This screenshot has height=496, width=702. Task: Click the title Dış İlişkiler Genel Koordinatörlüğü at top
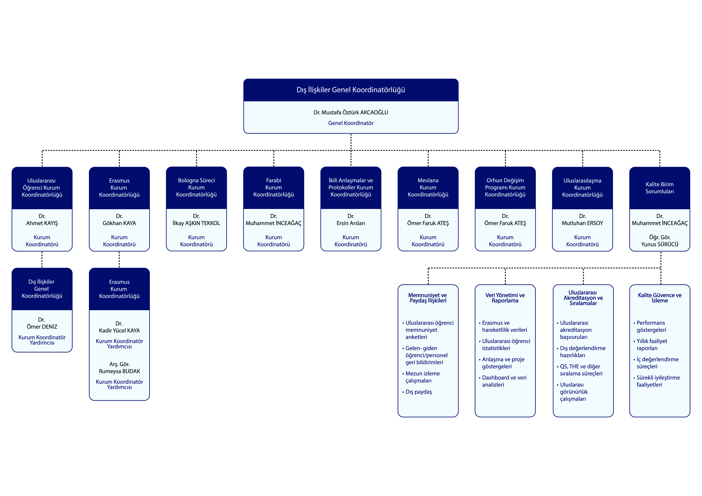(x=351, y=90)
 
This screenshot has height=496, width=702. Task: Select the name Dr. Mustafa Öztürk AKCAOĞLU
(x=351, y=112)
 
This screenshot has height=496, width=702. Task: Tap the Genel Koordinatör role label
(x=351, y=123)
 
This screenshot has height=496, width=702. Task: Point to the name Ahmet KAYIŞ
(x=42, y=223)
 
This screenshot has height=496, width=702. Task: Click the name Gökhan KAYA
(x=119, y=223)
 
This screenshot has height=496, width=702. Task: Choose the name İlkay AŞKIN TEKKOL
(x=196, y=223)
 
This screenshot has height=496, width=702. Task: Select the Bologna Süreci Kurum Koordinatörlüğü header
(x=196, y=187)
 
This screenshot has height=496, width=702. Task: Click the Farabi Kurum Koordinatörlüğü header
(x=274, y=187)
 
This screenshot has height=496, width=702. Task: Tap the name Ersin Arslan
(x=351, y=223)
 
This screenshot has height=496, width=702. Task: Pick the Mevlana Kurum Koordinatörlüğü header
(x=428, y=187)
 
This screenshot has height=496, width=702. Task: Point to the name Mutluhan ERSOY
(x=582, y=223)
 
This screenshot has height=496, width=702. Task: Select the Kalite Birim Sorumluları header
(x=660, y=188)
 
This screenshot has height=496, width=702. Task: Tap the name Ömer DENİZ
(x=42, y=327)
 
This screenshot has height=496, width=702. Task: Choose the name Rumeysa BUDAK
(x=119, y=371)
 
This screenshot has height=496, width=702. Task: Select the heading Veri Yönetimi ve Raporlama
(x=505, y=298)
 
